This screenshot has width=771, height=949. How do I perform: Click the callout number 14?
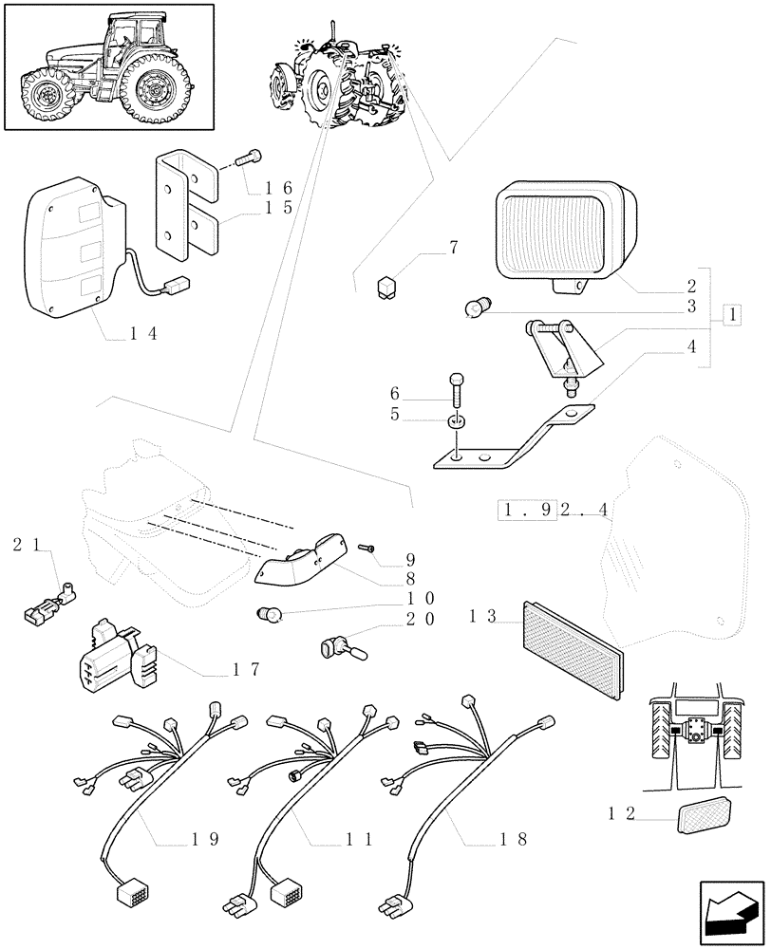[143, 333]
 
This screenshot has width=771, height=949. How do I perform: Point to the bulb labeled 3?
[478, 308]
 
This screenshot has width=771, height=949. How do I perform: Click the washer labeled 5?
[457, 419]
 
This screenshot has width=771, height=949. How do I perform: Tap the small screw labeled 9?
[367, 548]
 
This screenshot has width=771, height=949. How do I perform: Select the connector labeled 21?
[48, 607]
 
